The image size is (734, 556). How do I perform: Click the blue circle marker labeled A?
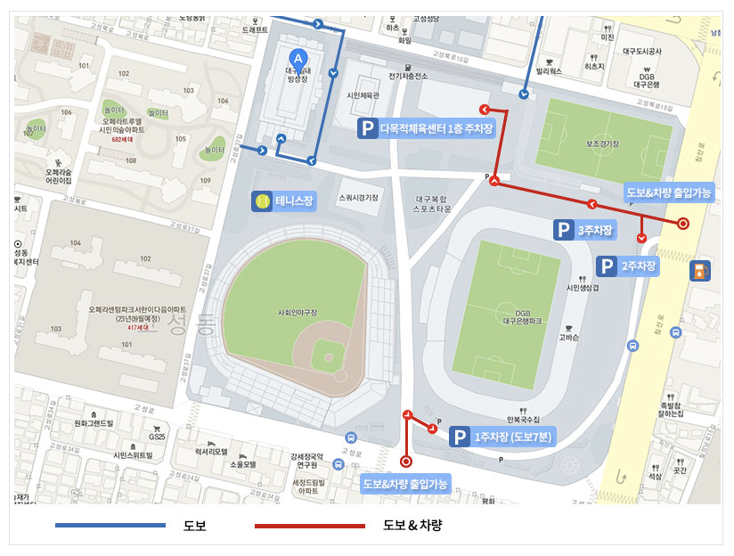click(299, 55)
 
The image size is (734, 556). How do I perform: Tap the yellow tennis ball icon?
click(262, 201)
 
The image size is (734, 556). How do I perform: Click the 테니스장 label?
click(295, 201)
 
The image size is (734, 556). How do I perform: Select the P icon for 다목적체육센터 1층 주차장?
click(367, 128)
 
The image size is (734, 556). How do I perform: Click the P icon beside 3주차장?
click(564, 231)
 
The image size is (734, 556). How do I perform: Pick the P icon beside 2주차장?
click(607, 266)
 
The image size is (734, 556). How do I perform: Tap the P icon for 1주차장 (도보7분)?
click(459, 437)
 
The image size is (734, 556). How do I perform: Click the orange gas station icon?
click(701, 270)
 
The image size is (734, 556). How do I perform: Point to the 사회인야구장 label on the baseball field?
click(298, 313)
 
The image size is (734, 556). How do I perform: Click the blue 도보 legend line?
click(110, 526)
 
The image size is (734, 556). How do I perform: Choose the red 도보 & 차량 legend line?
click(310, 526)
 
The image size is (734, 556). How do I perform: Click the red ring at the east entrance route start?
click(683, 224)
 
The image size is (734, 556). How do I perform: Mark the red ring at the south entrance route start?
click(406, 462)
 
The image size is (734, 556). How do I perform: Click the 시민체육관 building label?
click(363, 95)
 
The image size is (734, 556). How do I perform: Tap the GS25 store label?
click(158, 437)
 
